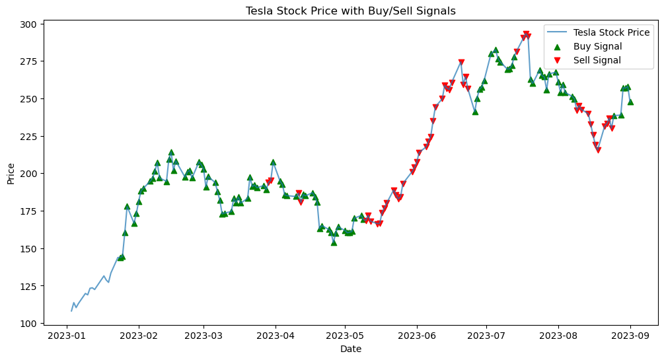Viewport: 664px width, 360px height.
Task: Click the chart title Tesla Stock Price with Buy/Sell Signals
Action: [x=350, y=11]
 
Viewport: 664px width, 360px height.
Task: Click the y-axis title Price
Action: [x=11, y=173]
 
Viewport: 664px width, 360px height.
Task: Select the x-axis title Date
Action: [x=350, y=349]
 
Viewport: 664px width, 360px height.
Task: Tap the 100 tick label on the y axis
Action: [x=32, y=323]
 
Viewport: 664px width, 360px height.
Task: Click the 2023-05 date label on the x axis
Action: [x=345, y=336]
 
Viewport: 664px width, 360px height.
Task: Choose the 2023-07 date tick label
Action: [x=486, y=336]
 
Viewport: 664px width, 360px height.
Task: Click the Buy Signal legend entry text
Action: [x=597, y=46]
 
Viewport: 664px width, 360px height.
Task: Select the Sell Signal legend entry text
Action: [x=597, y=60]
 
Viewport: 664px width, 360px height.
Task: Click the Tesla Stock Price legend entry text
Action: [x=611, y=32]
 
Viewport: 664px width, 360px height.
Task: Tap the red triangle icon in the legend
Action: [x=557, y=60]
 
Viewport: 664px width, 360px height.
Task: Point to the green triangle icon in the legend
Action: [x=557, y=46]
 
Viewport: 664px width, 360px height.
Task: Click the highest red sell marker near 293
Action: [x=526, y=34]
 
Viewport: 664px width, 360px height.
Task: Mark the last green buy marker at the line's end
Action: [x=630, y=102]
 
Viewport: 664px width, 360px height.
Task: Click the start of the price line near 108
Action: [x=71, y=310]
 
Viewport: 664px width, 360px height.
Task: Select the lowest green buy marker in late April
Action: [x=334, y=242]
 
